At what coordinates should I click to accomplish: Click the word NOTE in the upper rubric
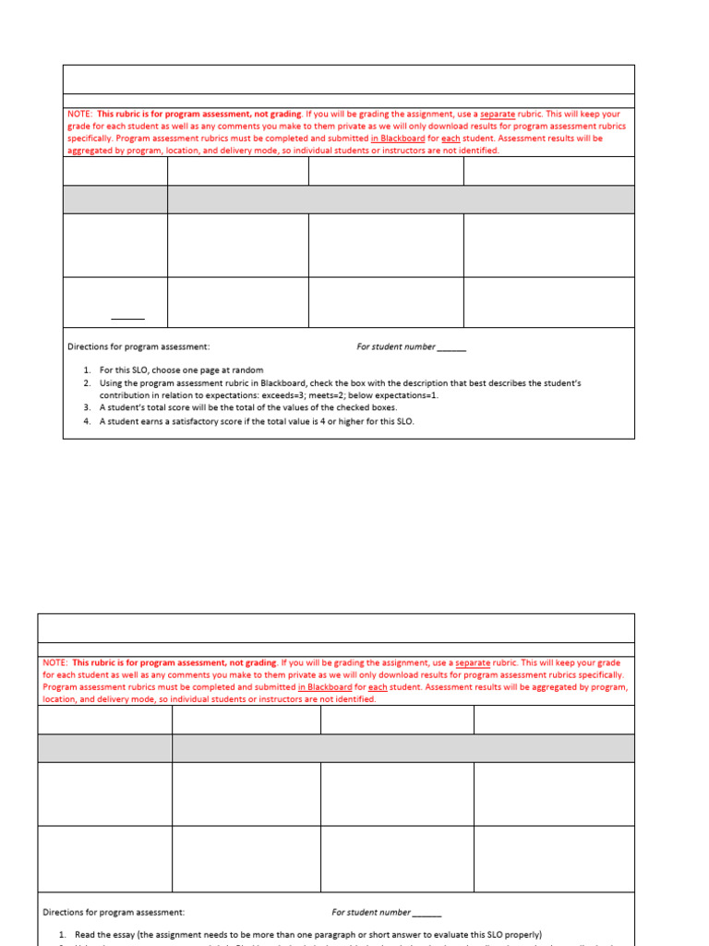pos(78,114)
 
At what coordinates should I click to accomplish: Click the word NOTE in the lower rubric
pos(54,662)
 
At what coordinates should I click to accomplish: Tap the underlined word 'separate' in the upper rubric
pos(498,114)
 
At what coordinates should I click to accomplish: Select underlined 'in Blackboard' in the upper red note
pos(398,139)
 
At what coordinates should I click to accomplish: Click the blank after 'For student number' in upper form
pos(451,347)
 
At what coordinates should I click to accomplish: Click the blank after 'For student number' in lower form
pos(427,912)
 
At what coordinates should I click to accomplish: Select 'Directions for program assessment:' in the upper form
pos(138,347)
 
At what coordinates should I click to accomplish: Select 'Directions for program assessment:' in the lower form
pos(114,912)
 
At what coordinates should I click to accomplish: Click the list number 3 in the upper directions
pos(86,407)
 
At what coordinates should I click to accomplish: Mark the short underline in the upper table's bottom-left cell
pos(127,319)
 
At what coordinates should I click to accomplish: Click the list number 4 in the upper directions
pos(86,421)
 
